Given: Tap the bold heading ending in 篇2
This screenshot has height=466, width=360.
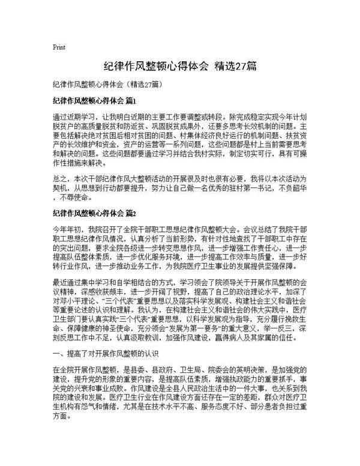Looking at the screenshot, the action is pos(95,213).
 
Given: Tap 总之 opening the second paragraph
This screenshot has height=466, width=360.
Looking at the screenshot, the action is pos(60,178).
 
